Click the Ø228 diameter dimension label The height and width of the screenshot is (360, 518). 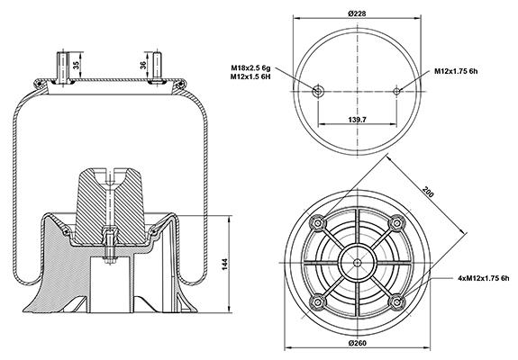[357, 13]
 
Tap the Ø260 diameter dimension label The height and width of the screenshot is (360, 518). [357, 343]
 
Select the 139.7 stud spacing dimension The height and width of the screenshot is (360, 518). [357, 120]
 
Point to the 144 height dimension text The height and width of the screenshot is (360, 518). [224, 265]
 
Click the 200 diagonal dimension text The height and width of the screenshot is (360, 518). [428, 192]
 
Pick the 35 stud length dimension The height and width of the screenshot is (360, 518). [77, 65]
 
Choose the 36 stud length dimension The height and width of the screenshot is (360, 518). [143, 65]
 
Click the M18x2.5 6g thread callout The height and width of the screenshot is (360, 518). [250, 68]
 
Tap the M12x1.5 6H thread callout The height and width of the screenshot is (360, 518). [250, 76]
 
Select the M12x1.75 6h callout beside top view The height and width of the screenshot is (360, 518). [456, 71]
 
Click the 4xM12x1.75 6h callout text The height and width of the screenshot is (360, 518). [484, 278]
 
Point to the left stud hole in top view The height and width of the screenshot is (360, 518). [318, 91]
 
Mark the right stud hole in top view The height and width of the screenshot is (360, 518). [396, 91]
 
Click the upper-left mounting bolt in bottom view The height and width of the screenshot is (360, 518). [318, 223]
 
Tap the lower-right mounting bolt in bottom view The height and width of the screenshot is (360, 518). [396, 301]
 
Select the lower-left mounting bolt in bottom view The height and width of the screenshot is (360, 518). [318, 301]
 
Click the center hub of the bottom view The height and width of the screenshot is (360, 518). [357, 263]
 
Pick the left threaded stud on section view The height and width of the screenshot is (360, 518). [62, 67]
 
